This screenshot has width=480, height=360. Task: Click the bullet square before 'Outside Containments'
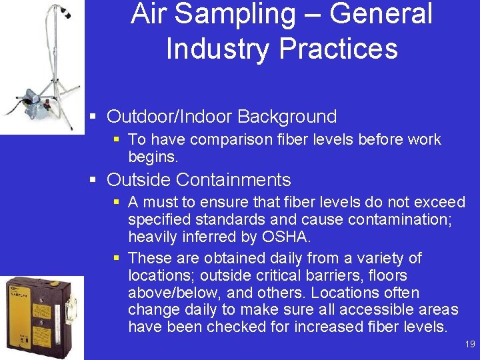point(94,180)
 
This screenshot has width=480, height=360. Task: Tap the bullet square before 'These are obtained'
point(116,258)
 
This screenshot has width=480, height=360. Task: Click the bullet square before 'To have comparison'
point(116,139)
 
